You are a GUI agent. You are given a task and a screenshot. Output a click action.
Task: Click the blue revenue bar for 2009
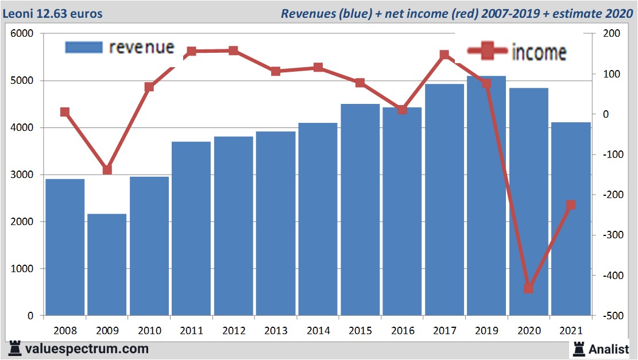click(x=107, y=264)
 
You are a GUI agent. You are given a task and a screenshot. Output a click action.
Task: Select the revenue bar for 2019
click(x=486, y=195)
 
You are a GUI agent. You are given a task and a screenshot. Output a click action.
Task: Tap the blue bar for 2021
click(x=571, y=218)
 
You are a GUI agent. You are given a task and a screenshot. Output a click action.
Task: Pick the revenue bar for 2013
click(x=276, y=223)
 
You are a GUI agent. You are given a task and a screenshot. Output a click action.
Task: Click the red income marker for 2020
click(x=528, y=288)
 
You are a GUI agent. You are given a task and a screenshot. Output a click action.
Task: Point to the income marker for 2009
click(x=107, y=170)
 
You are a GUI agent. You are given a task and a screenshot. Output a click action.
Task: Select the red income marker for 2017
click(x=444, y=55)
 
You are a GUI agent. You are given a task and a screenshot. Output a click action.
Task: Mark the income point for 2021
click(x=571, y=205)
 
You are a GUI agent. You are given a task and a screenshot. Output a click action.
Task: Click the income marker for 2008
click(x=65, y=113)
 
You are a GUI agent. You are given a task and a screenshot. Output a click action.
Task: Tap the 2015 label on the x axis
click(x=360, y=331)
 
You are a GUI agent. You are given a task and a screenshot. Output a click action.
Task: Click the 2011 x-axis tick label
click(x=191, y=331)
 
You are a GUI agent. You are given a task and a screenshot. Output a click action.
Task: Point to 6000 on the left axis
click(x=22, y=34)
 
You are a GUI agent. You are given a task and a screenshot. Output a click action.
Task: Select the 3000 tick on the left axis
click(x=22, y=175)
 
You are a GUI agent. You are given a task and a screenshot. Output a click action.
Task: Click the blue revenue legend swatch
click(x=84, y=47)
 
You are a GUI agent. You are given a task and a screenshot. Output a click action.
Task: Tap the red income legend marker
click(x=488, y=52)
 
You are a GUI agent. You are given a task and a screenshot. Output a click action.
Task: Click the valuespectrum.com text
click(x=87, y=349)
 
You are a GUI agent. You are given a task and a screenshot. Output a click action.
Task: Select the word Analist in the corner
click(x=609, y=349)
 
